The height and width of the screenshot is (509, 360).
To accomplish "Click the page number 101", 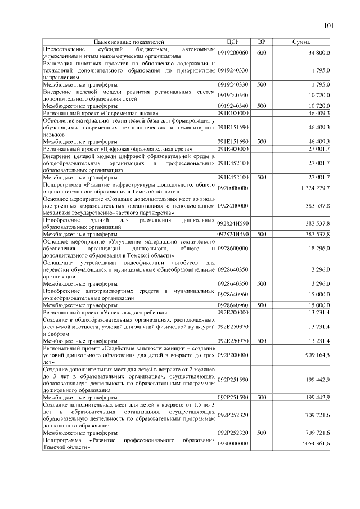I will (x=329, y=25).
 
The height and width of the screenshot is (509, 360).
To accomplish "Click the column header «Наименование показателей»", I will (x=129, y=42).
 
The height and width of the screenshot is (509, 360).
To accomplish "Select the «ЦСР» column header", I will (x=233, y=42).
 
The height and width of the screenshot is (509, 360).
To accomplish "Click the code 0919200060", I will (x=233, y=52).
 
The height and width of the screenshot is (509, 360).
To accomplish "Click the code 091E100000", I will (x=233, y=113).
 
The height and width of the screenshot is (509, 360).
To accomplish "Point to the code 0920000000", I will (x=233, y=187).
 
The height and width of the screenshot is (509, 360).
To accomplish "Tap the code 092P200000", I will (x=233, y=355).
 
